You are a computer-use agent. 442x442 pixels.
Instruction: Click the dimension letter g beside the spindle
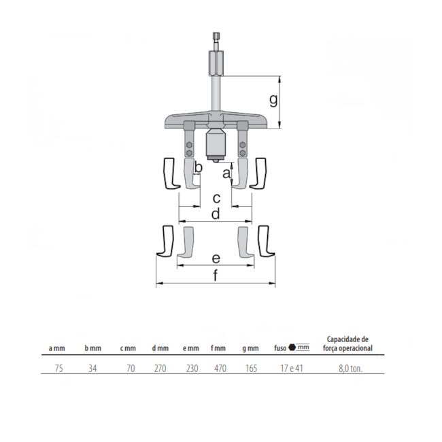tap(273, 101)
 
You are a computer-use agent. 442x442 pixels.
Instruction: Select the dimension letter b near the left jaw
tap(199, 167)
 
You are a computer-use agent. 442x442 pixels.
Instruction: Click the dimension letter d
tap(215, 214)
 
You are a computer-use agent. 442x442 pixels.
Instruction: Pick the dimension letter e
tap(215, 258)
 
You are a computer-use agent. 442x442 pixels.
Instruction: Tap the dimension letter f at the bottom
tap(216, 275)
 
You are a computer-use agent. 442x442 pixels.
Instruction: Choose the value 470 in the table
tap(218, 369)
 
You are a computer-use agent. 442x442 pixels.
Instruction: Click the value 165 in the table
tap(251, 369)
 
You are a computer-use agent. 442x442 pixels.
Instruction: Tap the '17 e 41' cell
tap(292, 369)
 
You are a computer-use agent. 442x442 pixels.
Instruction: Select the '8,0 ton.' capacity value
tap(352, 369)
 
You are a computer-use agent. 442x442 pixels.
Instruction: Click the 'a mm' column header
tap(56, 348)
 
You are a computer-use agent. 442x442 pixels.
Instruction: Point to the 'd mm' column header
tap(160, 348)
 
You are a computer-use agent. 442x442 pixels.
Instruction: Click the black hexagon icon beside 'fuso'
tap(292, 347)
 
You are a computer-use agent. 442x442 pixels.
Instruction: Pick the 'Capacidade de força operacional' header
tap(350, 343)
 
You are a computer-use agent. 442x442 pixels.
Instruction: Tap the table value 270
tap(160, 369)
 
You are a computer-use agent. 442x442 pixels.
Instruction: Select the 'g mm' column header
tap(250, 348)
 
